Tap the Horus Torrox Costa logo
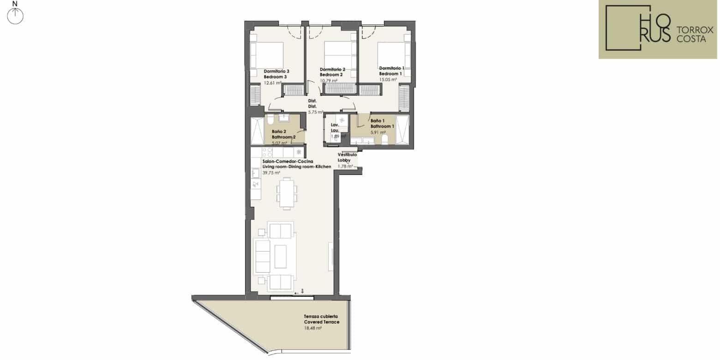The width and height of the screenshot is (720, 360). tap(658, 29)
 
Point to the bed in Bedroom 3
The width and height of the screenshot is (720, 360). tap(267, 55)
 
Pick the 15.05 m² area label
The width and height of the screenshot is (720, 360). tap(388, 80)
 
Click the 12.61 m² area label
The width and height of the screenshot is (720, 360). tap(273, 83)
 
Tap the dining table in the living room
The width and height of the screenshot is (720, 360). tap(287, 194)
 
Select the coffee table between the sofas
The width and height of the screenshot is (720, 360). tap(281, 257)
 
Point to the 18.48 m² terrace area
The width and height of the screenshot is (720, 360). tap(313, 328)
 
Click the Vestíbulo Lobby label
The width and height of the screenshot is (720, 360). tap(347, 157)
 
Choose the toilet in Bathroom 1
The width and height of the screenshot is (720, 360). tap(384, 139)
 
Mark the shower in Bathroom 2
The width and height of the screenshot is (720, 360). tap(257, 131)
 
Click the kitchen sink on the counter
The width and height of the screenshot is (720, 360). tap(256, 174)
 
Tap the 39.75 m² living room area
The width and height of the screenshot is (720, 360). tap(271, 173)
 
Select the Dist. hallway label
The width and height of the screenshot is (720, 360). tap(312, 103)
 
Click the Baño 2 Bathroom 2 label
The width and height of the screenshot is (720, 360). tap(283, 134)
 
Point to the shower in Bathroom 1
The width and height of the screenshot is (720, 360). tap(403, 129)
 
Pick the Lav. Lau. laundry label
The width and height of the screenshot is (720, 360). tap(335, 127)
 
